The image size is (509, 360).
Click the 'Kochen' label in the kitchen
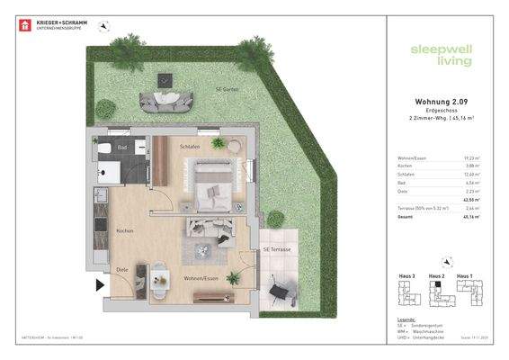click(125, 231)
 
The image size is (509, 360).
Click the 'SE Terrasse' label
click(277, 249)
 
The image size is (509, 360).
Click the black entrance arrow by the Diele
click(100, 286)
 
